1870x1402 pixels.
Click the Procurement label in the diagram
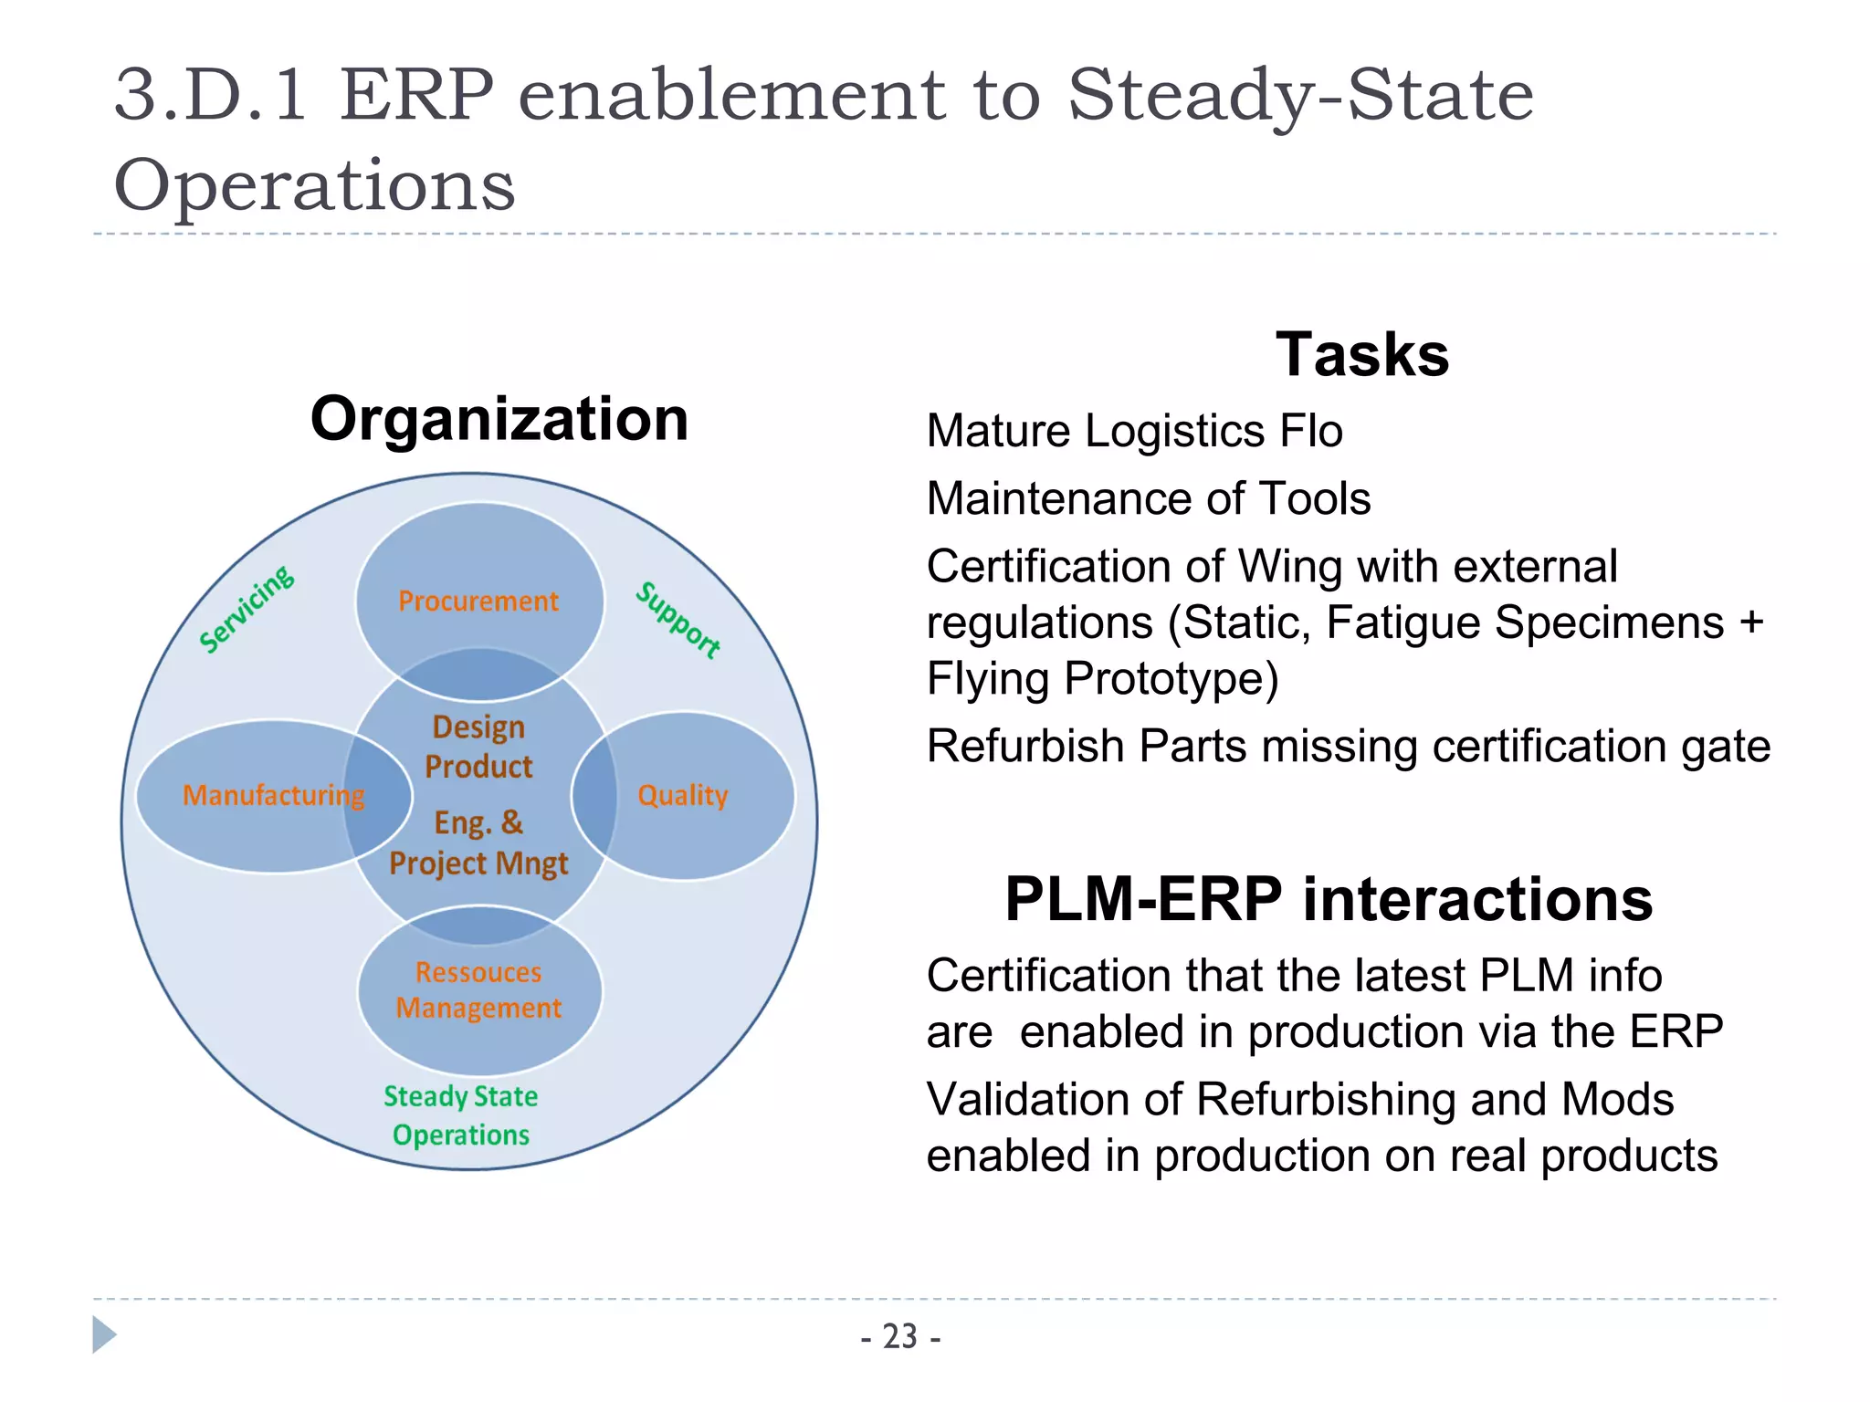[x=478, y=601]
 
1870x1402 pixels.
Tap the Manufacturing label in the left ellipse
[x=273, y=795]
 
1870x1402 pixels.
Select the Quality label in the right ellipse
[x=682, y=795]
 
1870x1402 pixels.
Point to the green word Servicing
[x=247, y=609]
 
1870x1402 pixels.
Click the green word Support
[x=678, y=620]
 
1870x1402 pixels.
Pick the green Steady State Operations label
[x=460, y=1114]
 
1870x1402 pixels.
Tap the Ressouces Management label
[x=478, y=990]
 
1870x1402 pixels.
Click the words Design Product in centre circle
[x=478, y=747]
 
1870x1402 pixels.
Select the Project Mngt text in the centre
[x=478, y=863]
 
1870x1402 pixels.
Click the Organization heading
[x=499, y=419]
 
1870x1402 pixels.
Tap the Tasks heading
[x=1361, y=354]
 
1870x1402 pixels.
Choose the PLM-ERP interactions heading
[x=1329, y=899]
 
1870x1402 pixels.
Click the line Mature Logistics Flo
[x=1134, y=431]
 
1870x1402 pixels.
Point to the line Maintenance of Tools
[x=1148, y=498]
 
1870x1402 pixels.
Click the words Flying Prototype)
[x=1102, y=678]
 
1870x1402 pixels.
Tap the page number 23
[x=900, y=1336]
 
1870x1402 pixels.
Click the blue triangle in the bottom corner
[x=103, y=1334]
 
